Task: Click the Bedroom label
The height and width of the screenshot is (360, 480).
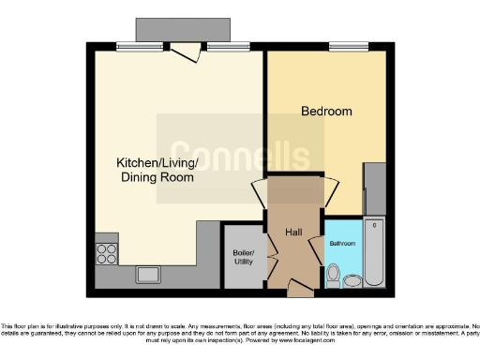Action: coord(326,112)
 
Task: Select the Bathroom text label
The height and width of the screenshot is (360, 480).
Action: coord(341,244)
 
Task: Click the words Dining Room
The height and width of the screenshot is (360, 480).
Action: coord(157,177)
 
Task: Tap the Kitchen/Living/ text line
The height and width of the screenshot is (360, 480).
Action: coord(157,162)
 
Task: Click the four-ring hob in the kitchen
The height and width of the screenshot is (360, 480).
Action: coord(106,252)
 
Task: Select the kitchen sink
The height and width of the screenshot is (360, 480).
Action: coord(148,275)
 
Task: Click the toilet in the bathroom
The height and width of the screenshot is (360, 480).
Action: coord(334,275)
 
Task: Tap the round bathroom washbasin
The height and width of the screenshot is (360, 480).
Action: coord(354,280)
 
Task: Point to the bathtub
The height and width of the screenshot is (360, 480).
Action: coord(374,251)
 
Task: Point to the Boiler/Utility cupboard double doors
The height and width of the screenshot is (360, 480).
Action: coord(268,250)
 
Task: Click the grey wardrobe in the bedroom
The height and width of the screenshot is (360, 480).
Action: coord(374,188)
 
